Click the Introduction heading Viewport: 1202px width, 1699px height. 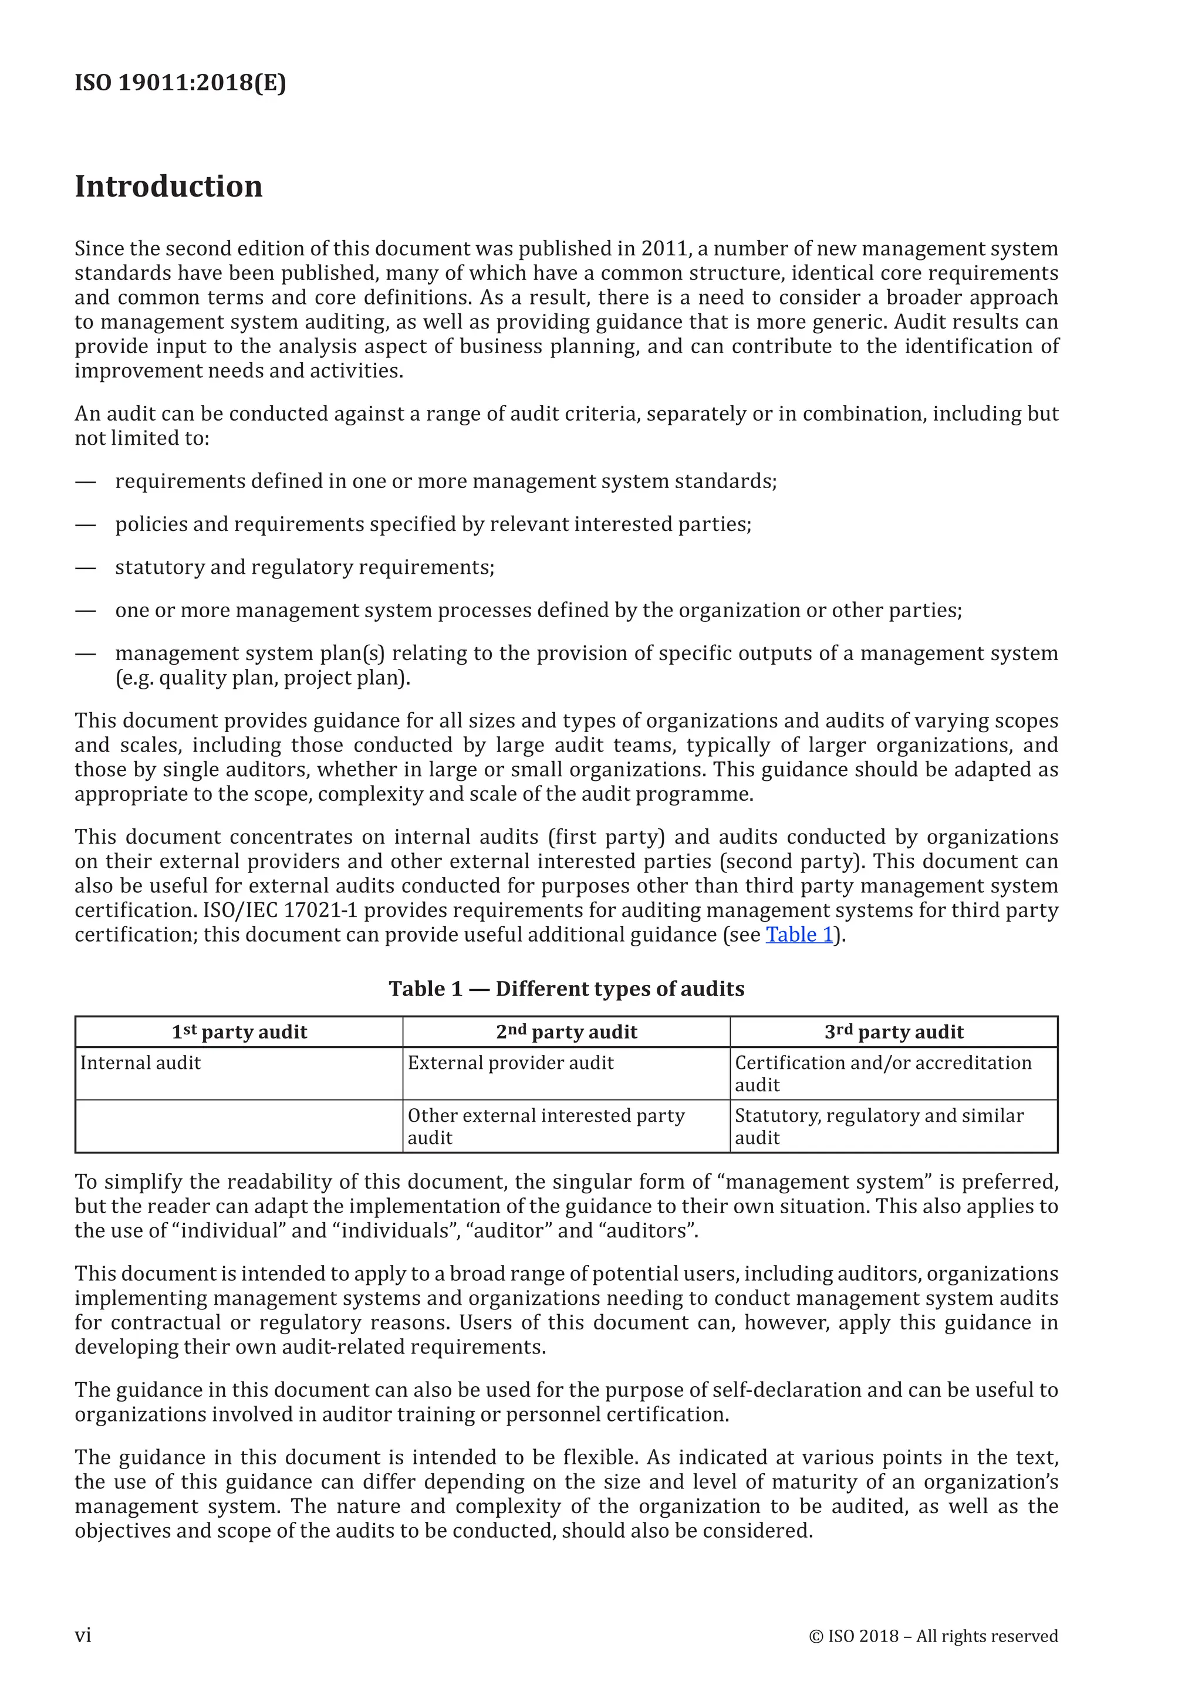(x=169, y=187)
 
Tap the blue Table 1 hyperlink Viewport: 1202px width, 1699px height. (x=799, y=935)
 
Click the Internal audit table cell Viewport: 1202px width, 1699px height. (x=141, y=1064)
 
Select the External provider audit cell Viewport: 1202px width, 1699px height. (x=511, y=1064)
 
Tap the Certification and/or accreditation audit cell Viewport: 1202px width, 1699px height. (x=882, y=1073)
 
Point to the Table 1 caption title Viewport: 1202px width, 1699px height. (x=566, y=989)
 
